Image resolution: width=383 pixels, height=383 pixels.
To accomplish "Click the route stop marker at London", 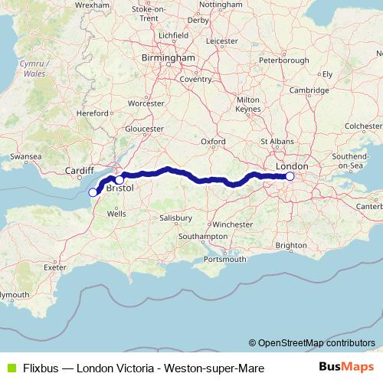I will pos(290,176).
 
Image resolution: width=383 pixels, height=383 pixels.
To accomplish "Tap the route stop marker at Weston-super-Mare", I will pos(93,192).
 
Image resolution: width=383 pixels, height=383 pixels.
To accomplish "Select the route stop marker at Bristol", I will pos(119,180).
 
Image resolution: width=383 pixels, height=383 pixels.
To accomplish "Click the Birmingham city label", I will pos(168,57).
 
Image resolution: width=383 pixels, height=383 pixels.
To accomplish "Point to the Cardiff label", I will pos(78,171).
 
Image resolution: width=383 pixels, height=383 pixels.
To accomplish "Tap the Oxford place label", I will pos(213,142).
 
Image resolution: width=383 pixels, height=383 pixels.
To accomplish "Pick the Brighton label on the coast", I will pos(291,245).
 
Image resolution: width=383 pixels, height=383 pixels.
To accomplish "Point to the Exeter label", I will pos(56,267).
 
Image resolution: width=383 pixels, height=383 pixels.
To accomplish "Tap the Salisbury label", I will pos(175,218).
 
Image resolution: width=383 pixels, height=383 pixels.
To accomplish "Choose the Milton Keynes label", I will pos(249,104).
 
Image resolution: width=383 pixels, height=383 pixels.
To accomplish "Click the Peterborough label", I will pos(284,60).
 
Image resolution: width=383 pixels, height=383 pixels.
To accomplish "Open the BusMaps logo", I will pos(346,368).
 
